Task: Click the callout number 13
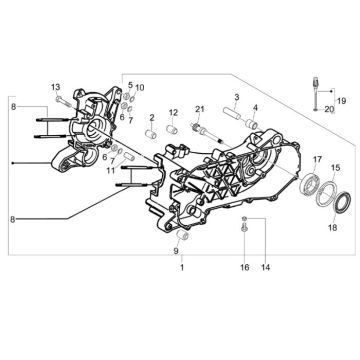click(x=56, y=87)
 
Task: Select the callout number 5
click(x=129, y=86)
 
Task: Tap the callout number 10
click(x=140, y=88)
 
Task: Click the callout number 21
click(x=200, y=108)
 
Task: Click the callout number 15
click(x=335, y=168)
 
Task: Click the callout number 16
click(x=243, y=268)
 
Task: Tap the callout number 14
click(x=265, y=268)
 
